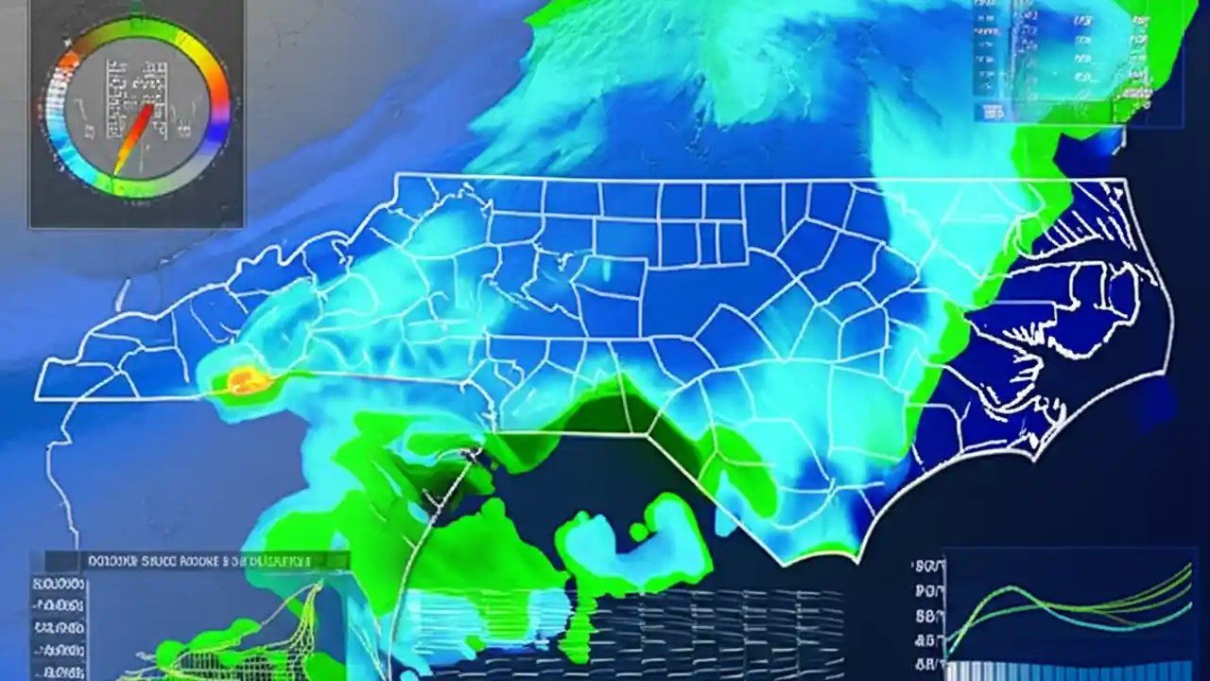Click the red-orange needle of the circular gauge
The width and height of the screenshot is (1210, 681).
coord(136,136)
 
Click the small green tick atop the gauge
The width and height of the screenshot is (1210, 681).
coord(134,11)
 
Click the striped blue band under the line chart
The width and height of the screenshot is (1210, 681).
coord(1068,670)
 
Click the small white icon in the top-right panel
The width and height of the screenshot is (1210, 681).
coord(994,111)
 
